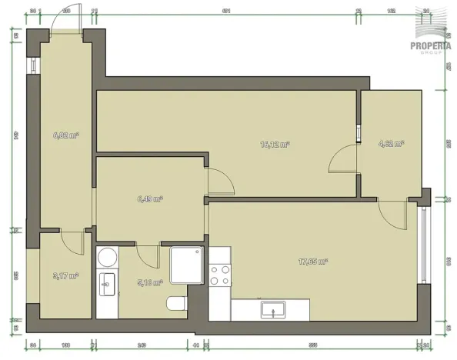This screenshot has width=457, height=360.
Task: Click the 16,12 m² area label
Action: tap(275, 144)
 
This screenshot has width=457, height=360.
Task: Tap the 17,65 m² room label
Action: tap(312, 262)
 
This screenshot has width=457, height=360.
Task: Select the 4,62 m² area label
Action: tap(391, 143)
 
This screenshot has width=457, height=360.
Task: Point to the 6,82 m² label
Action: tap(66, 135)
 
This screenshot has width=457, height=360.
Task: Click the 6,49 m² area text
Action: tap(149, 198)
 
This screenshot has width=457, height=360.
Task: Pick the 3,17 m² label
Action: tap(66, 275)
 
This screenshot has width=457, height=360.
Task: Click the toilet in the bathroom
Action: tap(175, 305)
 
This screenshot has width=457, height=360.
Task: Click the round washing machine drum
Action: tap(107, 256)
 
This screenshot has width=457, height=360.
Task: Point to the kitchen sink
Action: tap(272, 310)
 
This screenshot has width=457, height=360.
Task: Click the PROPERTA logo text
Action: tap(432, 45)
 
